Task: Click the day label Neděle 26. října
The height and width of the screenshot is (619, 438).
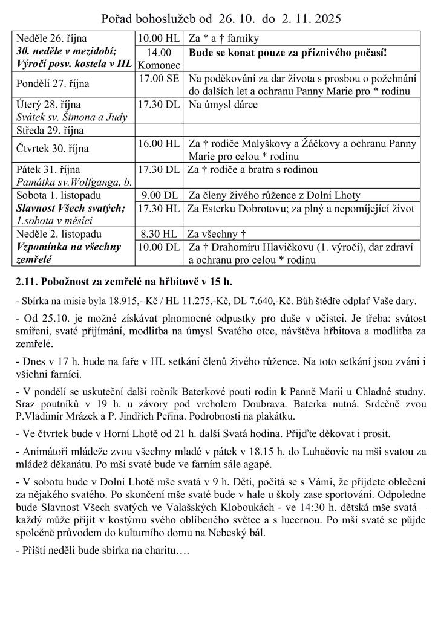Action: point(52,39)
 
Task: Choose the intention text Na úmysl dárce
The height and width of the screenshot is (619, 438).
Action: point(223,105)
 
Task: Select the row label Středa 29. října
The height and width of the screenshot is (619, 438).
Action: point(50,130)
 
